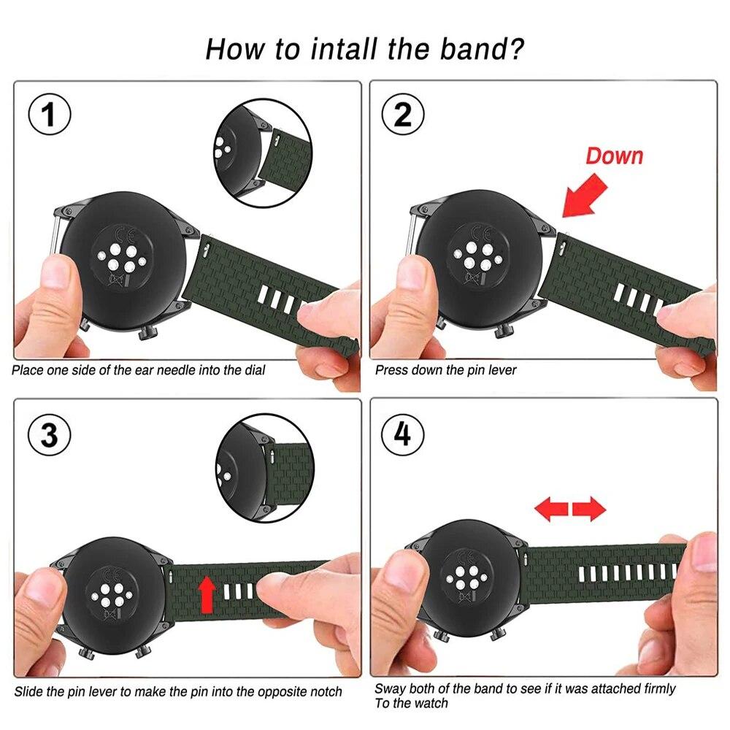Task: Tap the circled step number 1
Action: [x=49, y=116]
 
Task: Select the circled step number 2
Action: [x=403, y=115]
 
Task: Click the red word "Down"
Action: [x=615, y=155]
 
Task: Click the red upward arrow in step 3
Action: [x=208, y=591]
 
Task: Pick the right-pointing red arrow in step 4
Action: [x=588, y=509]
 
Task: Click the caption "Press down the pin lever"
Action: [x=445, y=370]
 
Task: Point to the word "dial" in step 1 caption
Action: [x=253, y=370]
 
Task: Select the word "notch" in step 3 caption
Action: [x=323, y=691]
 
